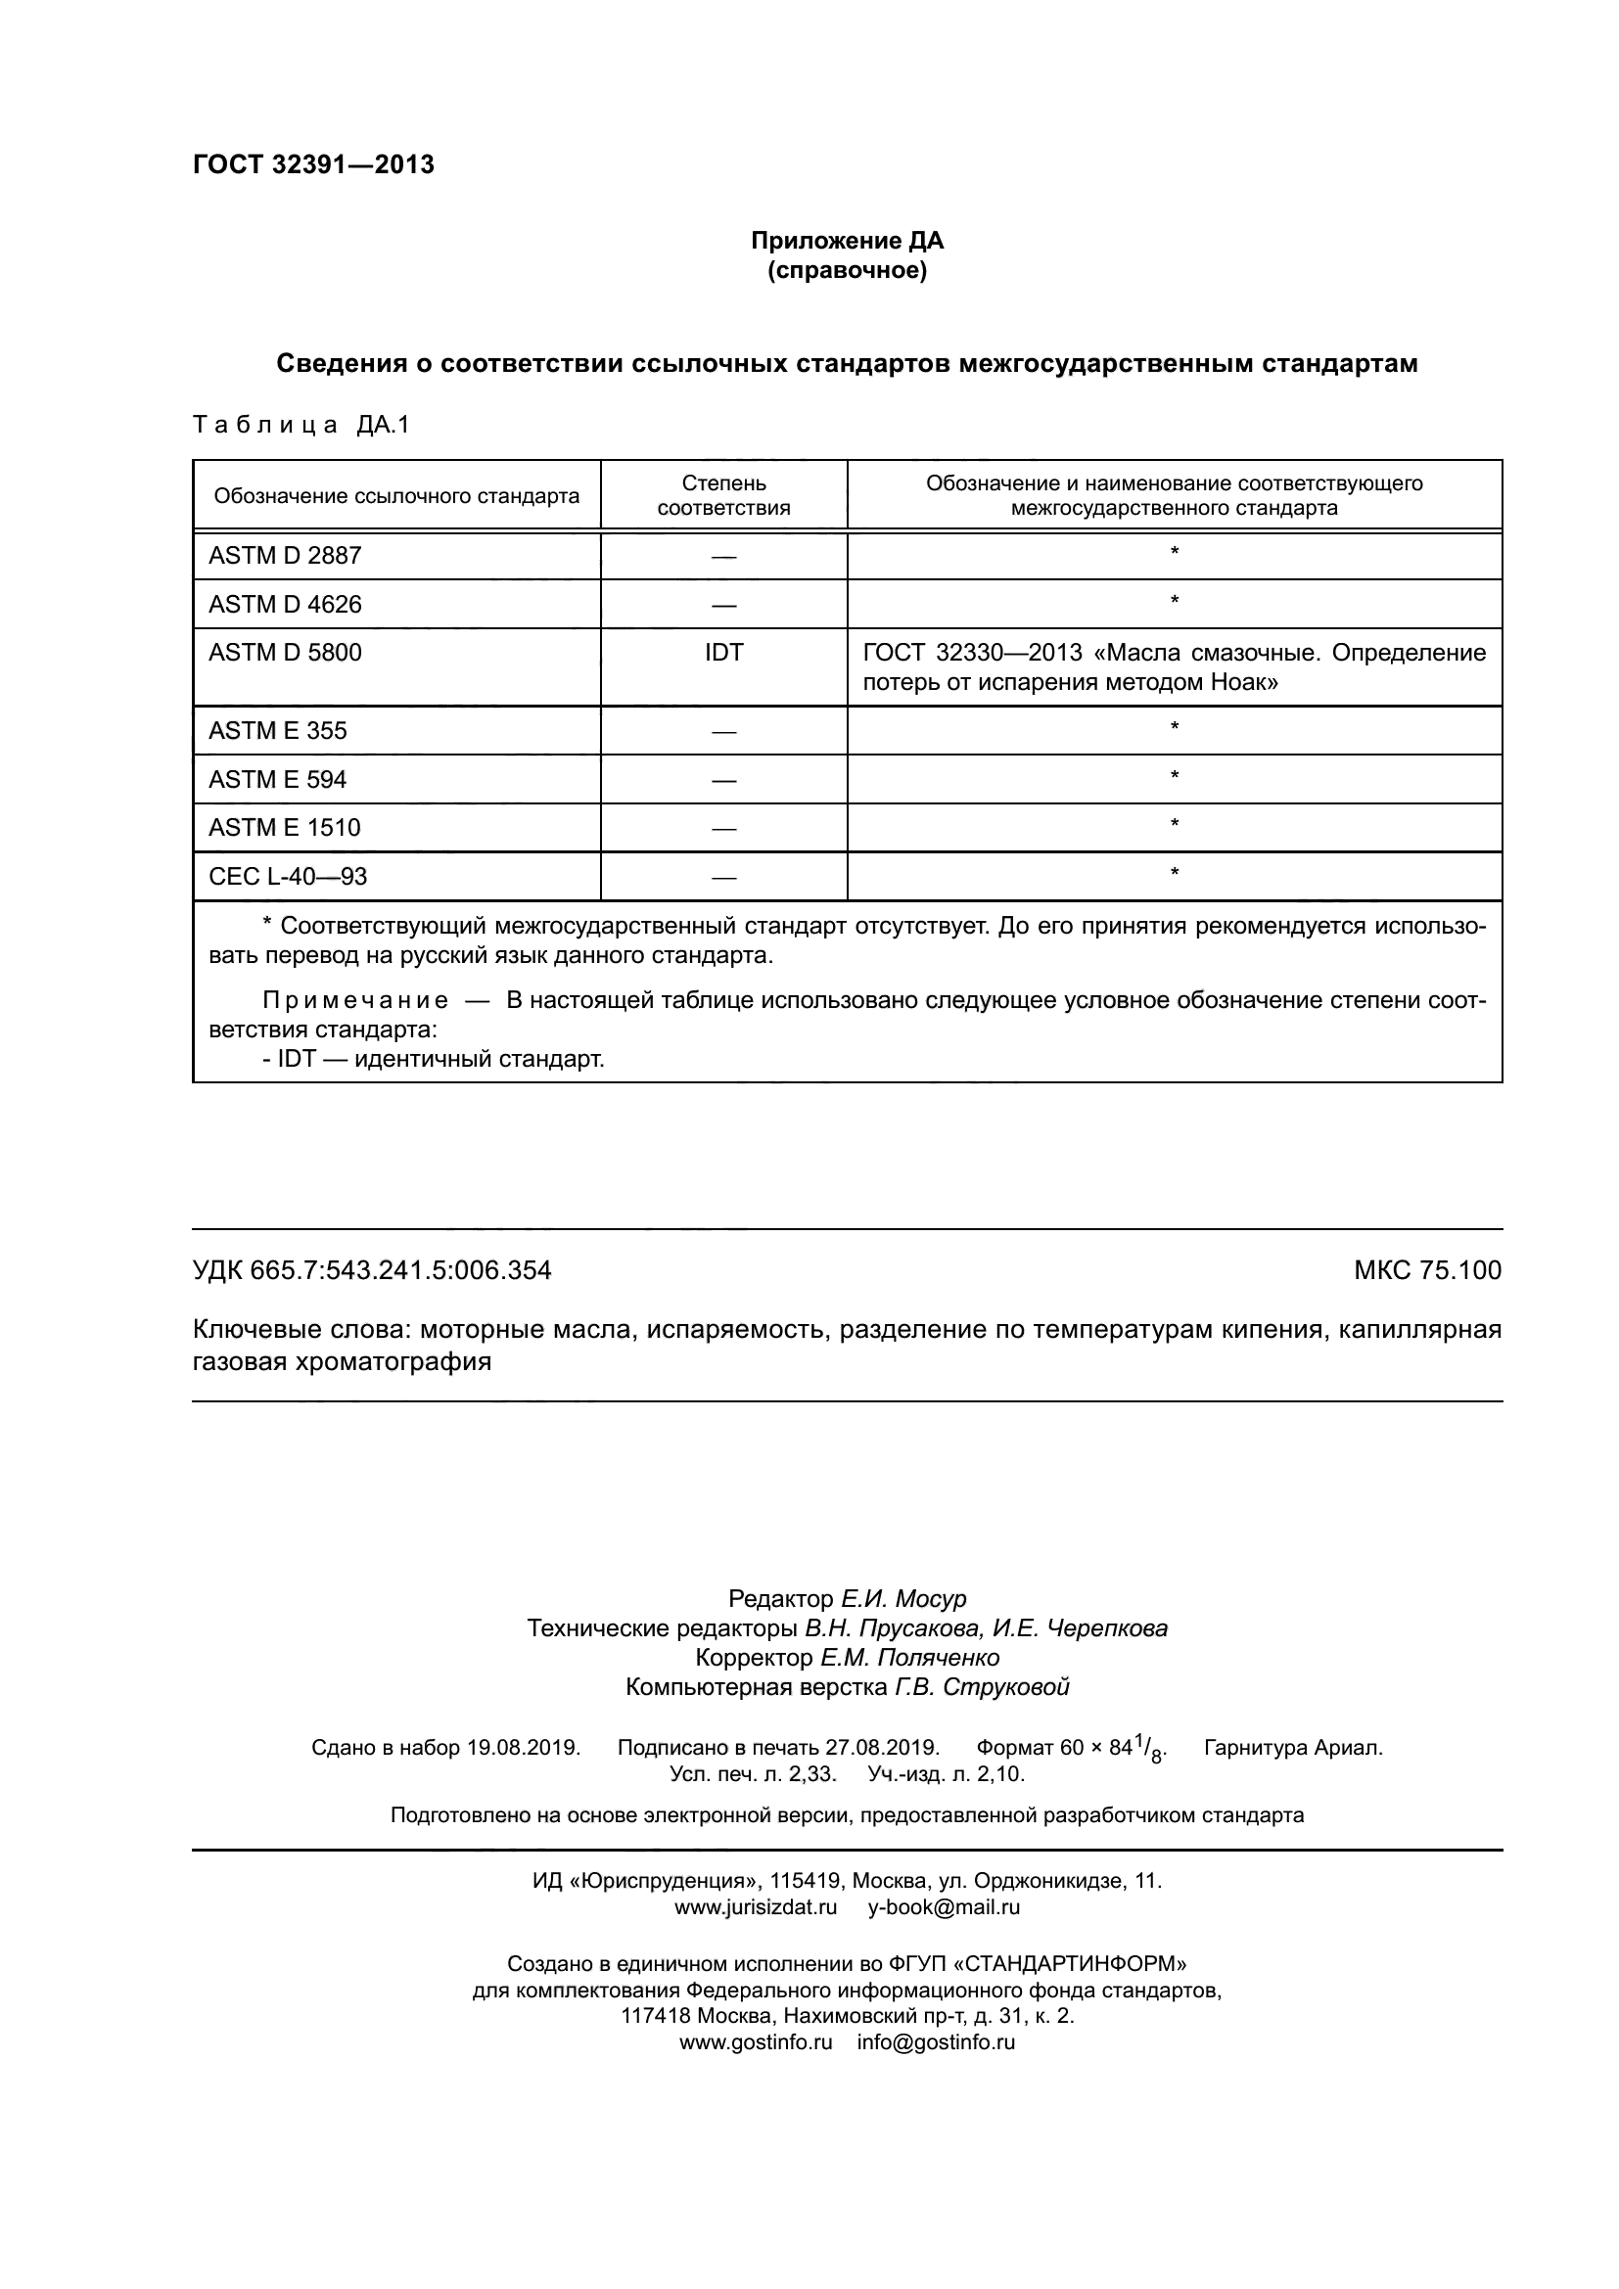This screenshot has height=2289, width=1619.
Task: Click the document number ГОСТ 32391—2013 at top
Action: tap(313, 164)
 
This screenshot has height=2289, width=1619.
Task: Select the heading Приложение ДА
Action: tap(847, 241)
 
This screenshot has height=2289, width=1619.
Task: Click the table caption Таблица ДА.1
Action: tap(301, 426)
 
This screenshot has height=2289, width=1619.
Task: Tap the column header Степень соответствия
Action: tap(723, 495)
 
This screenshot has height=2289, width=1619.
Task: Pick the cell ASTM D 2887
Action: tap(285, 556)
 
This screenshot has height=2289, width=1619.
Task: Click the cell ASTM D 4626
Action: tap(285, 604)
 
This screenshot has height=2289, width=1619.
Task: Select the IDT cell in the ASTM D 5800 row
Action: tap(723, 653)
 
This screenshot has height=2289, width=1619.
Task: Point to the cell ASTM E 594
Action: tap(277, 780)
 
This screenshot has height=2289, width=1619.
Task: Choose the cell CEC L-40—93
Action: tap(287, 876)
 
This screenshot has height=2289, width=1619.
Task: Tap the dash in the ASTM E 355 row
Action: tap(723, 732)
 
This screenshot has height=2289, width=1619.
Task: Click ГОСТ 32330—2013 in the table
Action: tap(972, 653)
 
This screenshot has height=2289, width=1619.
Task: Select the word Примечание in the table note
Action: tap(355, 1000)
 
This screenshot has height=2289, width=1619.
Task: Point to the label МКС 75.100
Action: tap(1426, 1270)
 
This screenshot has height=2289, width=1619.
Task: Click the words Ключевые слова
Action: tap(300, 1330)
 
